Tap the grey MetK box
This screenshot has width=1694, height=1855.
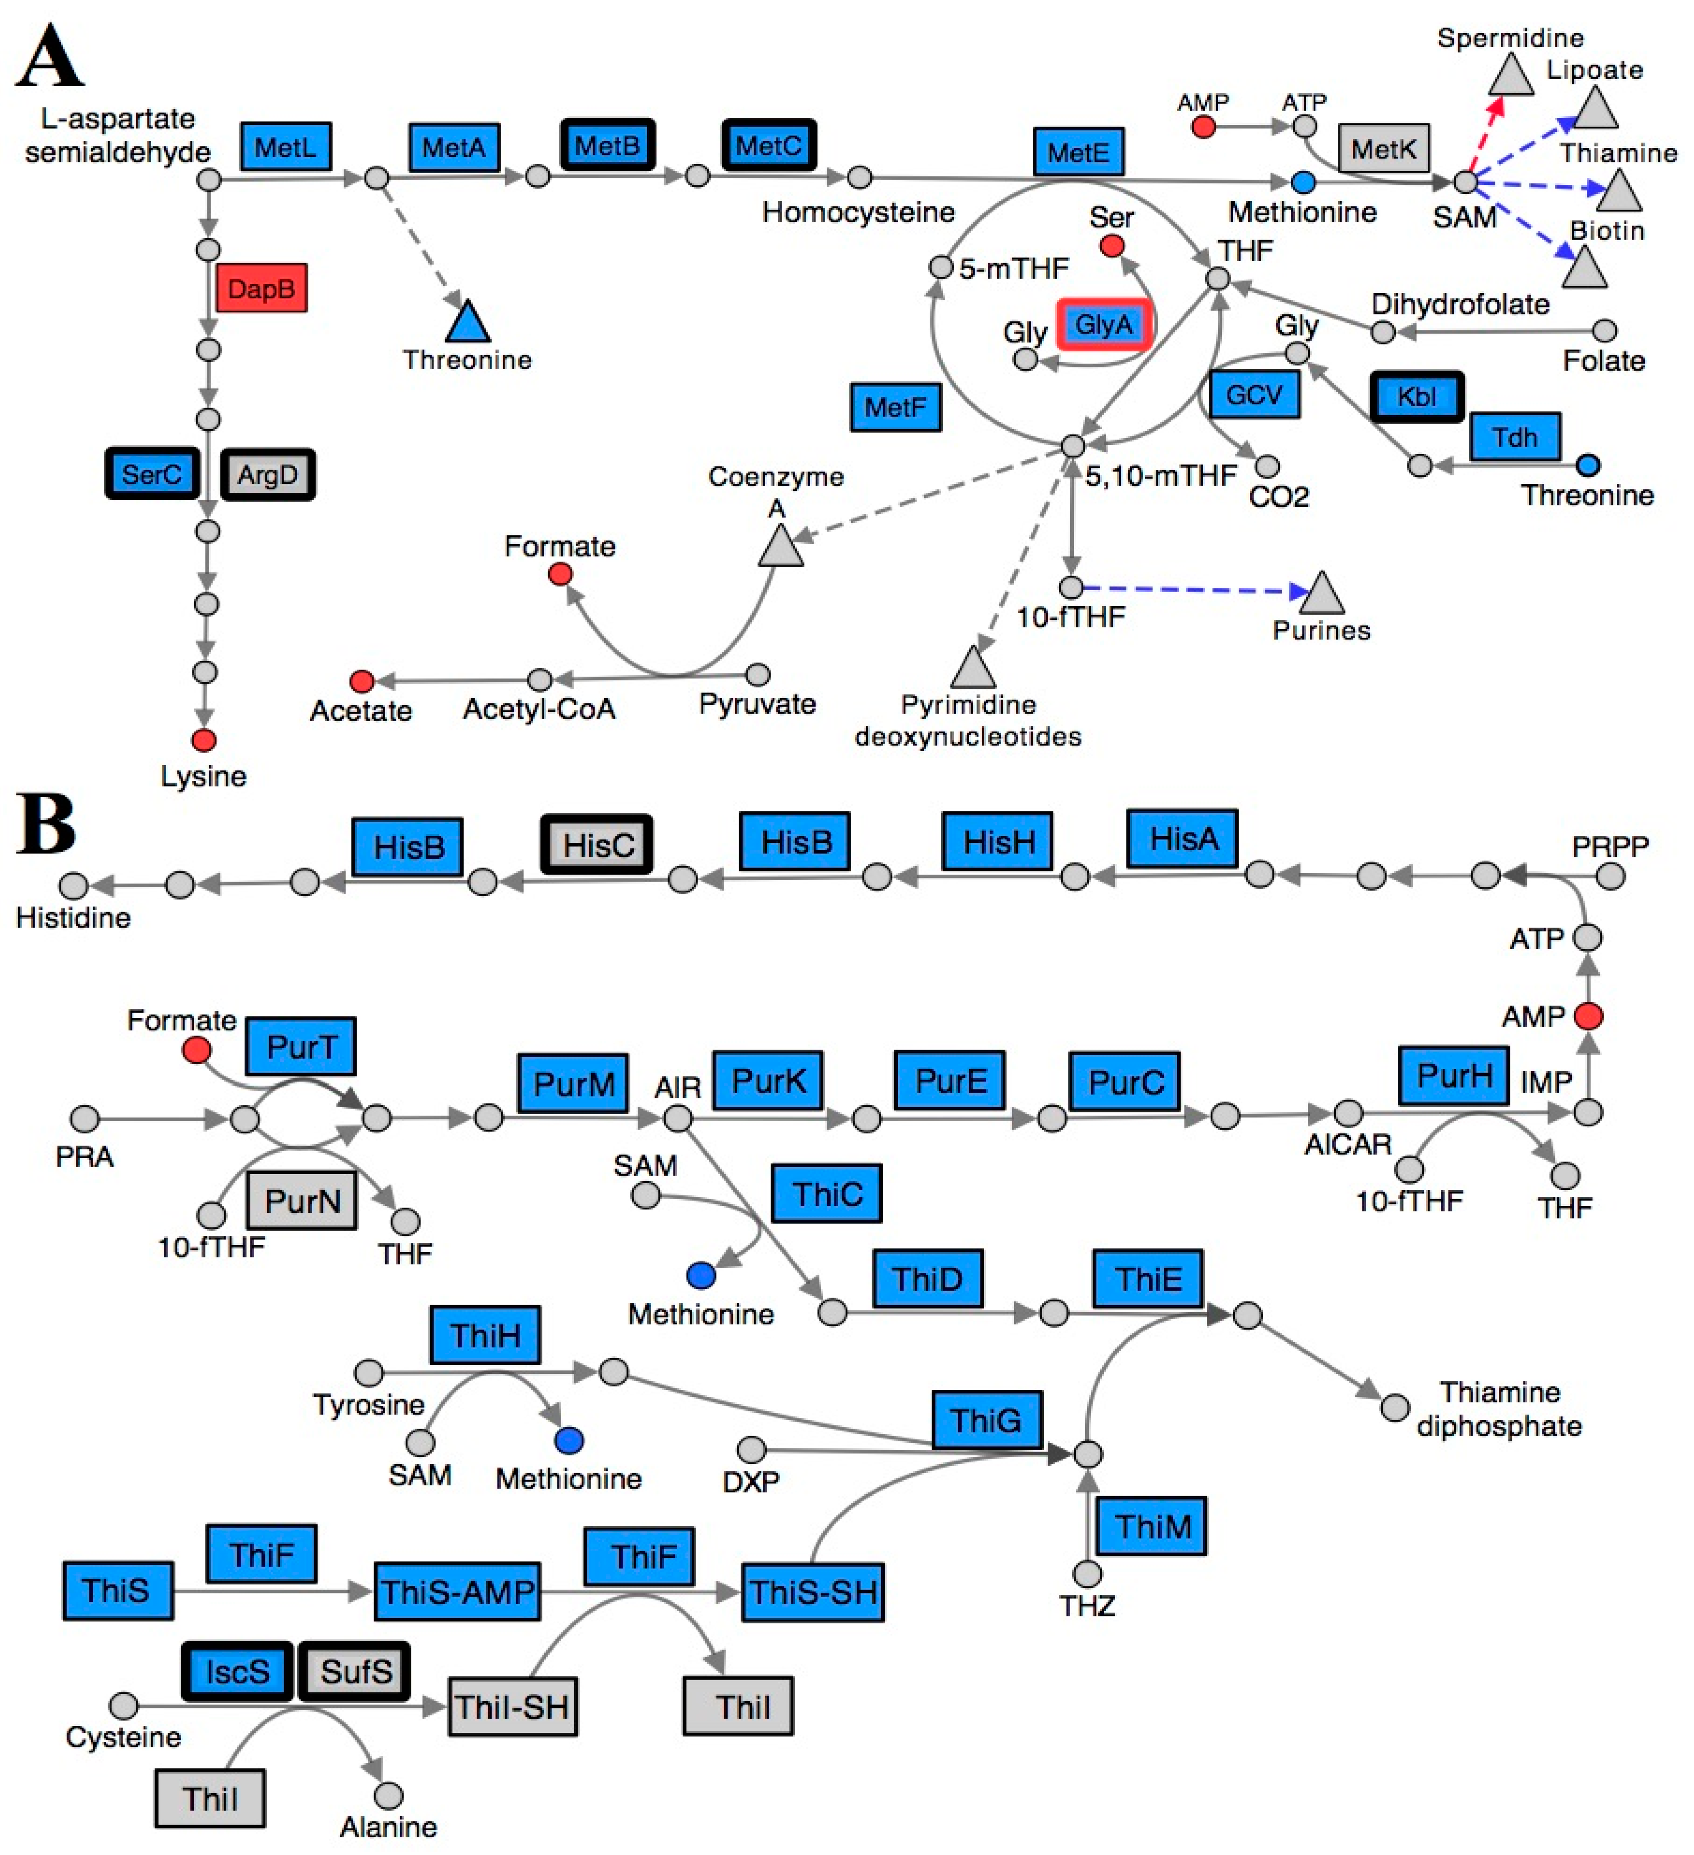[x=1383, y=148]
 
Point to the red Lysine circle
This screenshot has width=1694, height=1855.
[x=204, y=740]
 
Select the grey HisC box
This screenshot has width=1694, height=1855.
[x=597, y=845]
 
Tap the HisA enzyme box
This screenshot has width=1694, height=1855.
[x=1183, y=838]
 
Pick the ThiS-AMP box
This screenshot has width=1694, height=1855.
[x=457, y=1591]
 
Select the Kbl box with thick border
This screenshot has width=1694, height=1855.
[x=1416, y=396]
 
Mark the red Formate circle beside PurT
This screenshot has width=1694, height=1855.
[x=196, y=1050]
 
